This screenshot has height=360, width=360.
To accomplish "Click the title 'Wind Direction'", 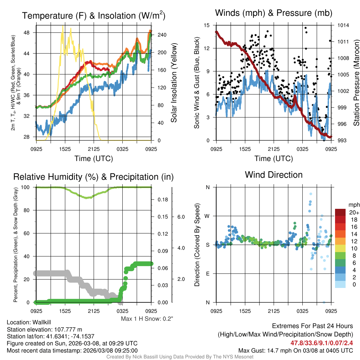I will (274, 175).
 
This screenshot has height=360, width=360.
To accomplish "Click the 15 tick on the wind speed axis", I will (207, 25).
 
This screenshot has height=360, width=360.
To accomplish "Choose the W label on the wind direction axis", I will (207, 216).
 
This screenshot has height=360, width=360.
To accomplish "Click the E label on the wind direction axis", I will (208, 274).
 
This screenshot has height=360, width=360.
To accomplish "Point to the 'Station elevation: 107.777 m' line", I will (44, 329).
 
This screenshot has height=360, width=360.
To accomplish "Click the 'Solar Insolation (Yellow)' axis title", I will (174, 83).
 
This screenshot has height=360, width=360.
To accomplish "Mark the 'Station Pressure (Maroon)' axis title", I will (356, 83).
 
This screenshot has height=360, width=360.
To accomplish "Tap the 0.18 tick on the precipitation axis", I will (163, 199).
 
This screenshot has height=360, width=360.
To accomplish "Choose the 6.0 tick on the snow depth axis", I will (181, 217).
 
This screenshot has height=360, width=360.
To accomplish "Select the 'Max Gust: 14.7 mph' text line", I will (295, 350).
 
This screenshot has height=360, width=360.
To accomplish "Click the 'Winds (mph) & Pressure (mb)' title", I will (274, 13).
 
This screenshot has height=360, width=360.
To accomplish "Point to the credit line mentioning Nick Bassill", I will (180, 357).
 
